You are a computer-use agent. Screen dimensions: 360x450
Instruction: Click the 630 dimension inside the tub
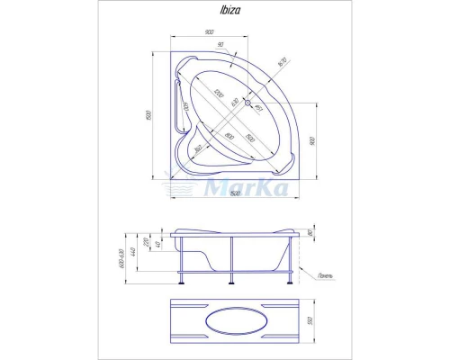235,103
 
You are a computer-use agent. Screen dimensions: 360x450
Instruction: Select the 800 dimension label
229,136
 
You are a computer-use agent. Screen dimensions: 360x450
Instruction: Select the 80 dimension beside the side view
310,233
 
